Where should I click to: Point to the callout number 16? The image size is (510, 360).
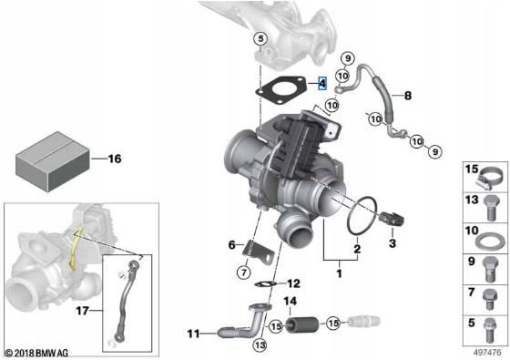[x=114, y=158]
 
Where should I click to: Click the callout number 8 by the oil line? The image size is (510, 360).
[x=407, y=95]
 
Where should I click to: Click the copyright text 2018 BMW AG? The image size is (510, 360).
[x=41, y=352]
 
